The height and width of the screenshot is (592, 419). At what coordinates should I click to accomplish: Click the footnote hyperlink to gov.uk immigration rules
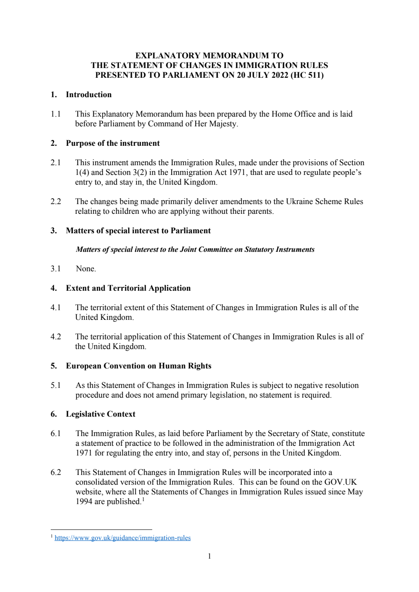coord(123,538)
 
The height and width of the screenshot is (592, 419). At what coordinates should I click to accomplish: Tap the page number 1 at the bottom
coord(209,556)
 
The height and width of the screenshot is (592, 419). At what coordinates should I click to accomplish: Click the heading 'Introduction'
coord(89,95)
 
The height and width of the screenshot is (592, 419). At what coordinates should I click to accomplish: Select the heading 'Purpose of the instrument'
coord(113,143)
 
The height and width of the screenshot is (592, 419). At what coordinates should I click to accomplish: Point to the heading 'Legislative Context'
coord(101,414)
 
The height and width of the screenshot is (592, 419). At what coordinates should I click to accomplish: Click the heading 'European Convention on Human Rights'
coord(139,366)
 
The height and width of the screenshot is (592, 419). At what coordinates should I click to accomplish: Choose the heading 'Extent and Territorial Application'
coord(128,288)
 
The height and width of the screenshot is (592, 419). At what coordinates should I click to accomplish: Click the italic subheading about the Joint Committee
coord(195,249)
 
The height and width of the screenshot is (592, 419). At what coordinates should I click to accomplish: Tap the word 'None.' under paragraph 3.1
coord(86,269)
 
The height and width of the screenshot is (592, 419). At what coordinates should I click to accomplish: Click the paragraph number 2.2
coord(56,202)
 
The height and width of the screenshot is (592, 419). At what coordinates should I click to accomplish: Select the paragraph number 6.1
coord(56,434)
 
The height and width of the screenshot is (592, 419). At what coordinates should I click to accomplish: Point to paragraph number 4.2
coord(56,337)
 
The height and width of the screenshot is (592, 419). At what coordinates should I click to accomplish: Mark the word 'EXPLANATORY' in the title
coord(167,55)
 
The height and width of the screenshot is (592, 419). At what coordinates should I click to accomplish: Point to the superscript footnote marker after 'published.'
coord(143,499)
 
